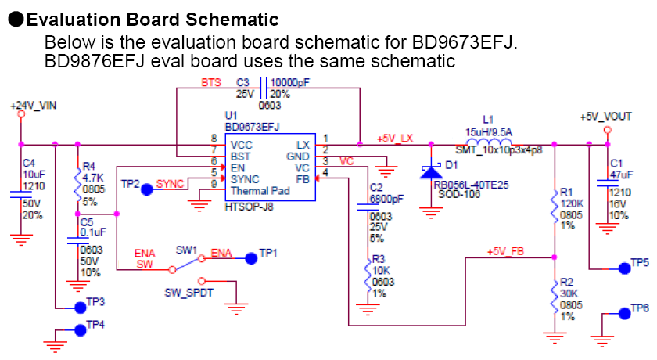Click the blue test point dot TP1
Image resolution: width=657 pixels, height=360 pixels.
pyautogui.click(x=250, y=257)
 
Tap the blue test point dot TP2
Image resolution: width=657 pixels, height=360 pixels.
pyautogui.click(x=147, y=189)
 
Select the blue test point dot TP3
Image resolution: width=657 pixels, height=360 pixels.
pyautogui.click(x=78, y=307)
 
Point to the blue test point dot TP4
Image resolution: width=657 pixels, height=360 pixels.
pyautogui.click(x=78, y=329)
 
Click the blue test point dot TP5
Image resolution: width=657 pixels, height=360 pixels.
pyautogui.click(x=623, y=268)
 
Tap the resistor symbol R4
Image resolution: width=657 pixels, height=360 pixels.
pyautogui.click(x=77, y=185)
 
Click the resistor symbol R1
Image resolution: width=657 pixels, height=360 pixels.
pyautogui.click(x=555, y=207)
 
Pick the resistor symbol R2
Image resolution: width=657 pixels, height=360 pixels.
pyautogui.click(x=555, y=298)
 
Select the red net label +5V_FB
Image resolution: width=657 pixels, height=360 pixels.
pyautogui.click(x=506, y=251)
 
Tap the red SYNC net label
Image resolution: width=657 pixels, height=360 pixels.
pyautogui.click(x=171, y=184)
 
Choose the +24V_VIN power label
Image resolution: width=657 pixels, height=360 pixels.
pyautogui.click(x=33, y=104)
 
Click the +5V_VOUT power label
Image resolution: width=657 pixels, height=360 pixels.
pyautogui.click(x=605, y=116)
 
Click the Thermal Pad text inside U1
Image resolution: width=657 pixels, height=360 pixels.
pyautogui.click(x=260, y=191)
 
